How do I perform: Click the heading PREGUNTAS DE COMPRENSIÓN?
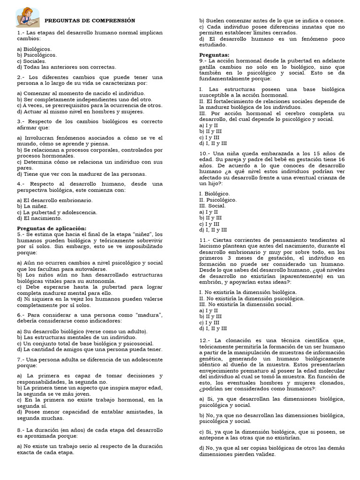pyautogui.click(x=90, y=21)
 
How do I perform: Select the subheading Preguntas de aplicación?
pyautogui.click(x=52, y=228)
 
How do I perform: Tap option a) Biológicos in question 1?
pyautogui.click(x=34, y=49)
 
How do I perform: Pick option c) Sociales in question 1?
pyautogui.click(x=31, y=61)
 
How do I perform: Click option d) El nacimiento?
pyautogui.click(x=39, y=218)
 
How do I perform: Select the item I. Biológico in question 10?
pyautogui.click(x=215, y=194)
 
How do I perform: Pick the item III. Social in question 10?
pyautogui.click(x=212, y=206)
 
